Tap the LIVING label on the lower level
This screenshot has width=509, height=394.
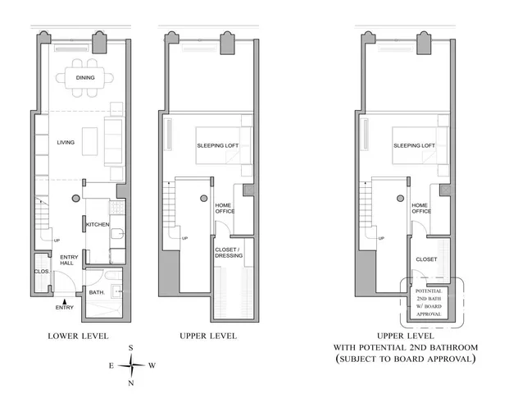(66, 143)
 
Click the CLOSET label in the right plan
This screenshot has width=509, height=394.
(425, 259)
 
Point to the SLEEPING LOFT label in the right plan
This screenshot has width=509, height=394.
(413, 146)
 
